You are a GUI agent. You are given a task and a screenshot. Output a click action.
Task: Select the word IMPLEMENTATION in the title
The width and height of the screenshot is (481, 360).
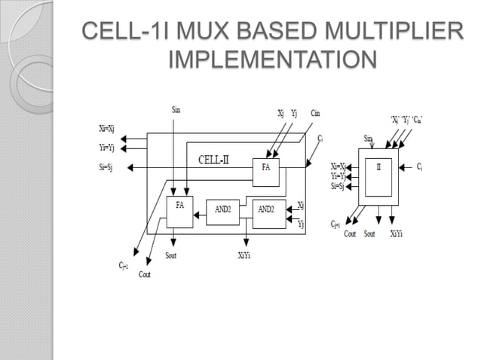click(x=272, y=59)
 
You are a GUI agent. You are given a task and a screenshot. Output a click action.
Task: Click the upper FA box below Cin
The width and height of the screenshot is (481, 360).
click(x=265, y=167)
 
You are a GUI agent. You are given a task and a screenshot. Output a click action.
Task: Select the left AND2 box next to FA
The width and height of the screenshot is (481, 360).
click(x=222, y=210)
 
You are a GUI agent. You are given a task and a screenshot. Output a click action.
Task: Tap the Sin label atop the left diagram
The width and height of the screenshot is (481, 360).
click(x=176, y=110)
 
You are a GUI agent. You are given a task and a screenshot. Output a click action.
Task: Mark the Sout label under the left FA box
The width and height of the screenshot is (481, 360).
click(x=173, y=256)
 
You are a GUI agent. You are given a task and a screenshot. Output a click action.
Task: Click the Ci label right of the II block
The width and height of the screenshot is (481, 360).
click(x=419, y=166)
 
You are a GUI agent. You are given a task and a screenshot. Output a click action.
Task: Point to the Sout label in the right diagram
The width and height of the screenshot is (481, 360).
click(x=369, y=233)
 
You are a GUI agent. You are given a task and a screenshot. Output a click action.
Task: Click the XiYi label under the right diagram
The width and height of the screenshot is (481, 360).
click(x=397, y=233)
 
